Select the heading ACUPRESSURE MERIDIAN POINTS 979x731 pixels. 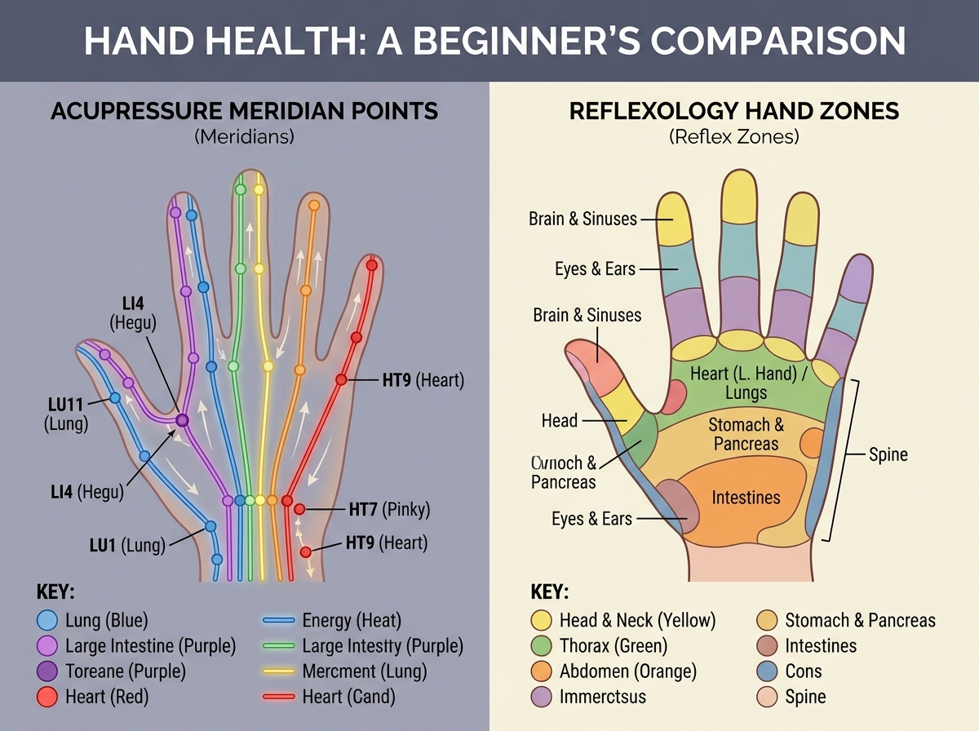click(x=245, y=111)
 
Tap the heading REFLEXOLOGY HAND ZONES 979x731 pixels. click(x=733, y=111)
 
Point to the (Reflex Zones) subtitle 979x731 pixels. click(x=733, y=136)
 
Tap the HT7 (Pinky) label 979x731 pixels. click(x=388, y=510)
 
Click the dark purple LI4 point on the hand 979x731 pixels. click(x=182, y=419)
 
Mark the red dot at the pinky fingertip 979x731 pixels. click(x=371, y=265)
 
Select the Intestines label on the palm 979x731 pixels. click(x=746, y=497)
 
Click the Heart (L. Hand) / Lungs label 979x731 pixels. click(x=746, y=383)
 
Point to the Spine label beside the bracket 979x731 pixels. click(x=888, y=454)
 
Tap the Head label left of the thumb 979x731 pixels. click(x=559, y=421)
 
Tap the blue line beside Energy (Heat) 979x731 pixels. click(x=278, y=620)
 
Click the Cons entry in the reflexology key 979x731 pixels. click(x=803, y=671)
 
